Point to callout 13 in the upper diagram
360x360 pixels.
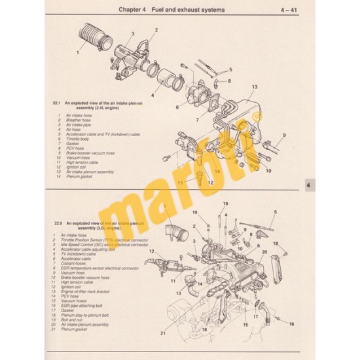tap(254, 87)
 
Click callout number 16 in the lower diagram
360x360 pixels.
tap(291, 324)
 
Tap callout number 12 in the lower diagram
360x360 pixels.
tap(151, 251)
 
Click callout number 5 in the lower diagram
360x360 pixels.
tap(274, 212)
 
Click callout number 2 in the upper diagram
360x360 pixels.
tap(156, 30)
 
